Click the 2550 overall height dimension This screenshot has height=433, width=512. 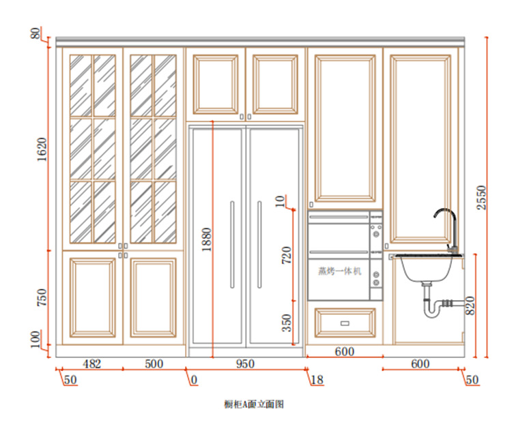(482, 198)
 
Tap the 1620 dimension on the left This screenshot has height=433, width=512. (42, 149)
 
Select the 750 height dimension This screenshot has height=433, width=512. (42, 297)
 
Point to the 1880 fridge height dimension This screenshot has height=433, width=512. (207, 239)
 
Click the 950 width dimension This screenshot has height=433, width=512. (245, 364)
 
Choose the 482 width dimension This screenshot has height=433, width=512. (92, 364)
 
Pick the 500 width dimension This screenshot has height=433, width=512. (154, 364)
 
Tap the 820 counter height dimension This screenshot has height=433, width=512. (470, 305)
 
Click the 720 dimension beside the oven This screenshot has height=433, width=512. (286, 255)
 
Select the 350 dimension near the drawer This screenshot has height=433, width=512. (286, 323)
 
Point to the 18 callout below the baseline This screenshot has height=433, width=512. (317, 380)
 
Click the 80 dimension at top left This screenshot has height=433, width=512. (35, 33)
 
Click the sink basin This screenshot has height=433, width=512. (425, 269)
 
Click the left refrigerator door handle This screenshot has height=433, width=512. (232, 245)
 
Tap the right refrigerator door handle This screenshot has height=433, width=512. (259, 245)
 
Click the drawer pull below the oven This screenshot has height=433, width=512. (345, 323)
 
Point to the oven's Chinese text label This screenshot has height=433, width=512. (340, 271)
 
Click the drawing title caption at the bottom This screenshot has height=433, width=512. (254, 404)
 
